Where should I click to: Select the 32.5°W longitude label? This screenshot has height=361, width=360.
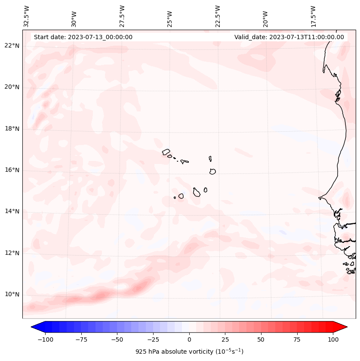tap(27, 16)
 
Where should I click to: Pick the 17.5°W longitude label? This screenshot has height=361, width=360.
tap(313, 16)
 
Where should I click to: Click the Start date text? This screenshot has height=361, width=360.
tap(83, 37)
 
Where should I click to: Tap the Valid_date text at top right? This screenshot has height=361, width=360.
tap(289, 37)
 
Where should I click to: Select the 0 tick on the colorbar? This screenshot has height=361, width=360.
tap(189, 339)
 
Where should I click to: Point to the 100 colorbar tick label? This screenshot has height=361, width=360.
tap(333, 339)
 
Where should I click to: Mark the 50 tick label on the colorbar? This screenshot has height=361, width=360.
tap(261, 339)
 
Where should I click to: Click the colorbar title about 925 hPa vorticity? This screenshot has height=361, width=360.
tap(189, 352)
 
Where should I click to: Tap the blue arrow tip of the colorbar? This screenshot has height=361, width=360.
tap(34, 327)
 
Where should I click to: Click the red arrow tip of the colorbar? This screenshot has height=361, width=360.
tap(345, 327)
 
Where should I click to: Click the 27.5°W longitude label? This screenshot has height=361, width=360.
tap(122, 16)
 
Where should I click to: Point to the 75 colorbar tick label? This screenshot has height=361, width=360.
tap(297, 339)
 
